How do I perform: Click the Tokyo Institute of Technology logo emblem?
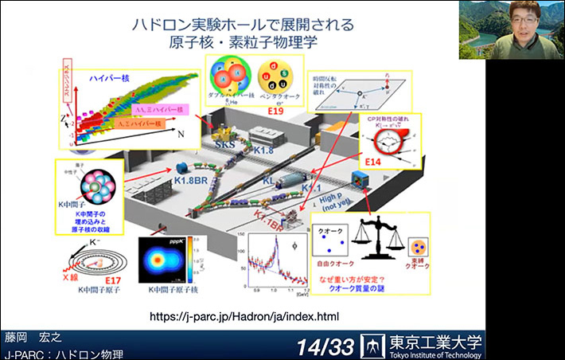372,345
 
